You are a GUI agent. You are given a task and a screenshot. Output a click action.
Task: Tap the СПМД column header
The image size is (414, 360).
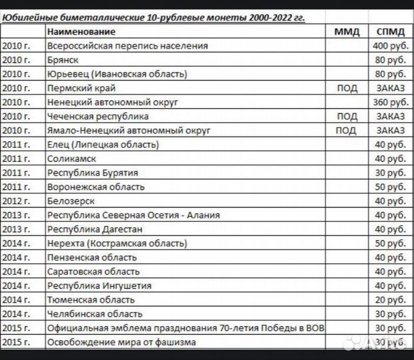pyautogui.click(x=389, y=31)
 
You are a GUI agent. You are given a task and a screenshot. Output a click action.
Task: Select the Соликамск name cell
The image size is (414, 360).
pyautogui.click(x=73, y=159)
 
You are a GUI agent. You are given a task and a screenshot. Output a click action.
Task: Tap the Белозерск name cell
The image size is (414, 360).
pyautogui.click(x=71, y=201)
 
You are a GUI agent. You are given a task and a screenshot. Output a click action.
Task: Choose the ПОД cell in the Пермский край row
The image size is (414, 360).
pyautogui.click(x=346, y=88)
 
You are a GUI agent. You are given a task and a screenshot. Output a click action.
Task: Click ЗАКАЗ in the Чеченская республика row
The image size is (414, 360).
pyautogui.click(x=389, y=116)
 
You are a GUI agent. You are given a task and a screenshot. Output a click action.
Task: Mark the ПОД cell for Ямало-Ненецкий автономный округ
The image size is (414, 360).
pyautogui.click(x=346, y=130)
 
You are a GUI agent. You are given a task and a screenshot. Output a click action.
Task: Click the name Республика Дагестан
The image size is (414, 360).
pyautogui.click(x=96, y=229)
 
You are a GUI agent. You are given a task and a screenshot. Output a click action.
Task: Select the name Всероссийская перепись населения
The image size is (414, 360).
pyautogui.click(x=127, y=46)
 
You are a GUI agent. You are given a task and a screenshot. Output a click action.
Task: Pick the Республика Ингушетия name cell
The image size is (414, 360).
pyautogui.click(x=99, y=285)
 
